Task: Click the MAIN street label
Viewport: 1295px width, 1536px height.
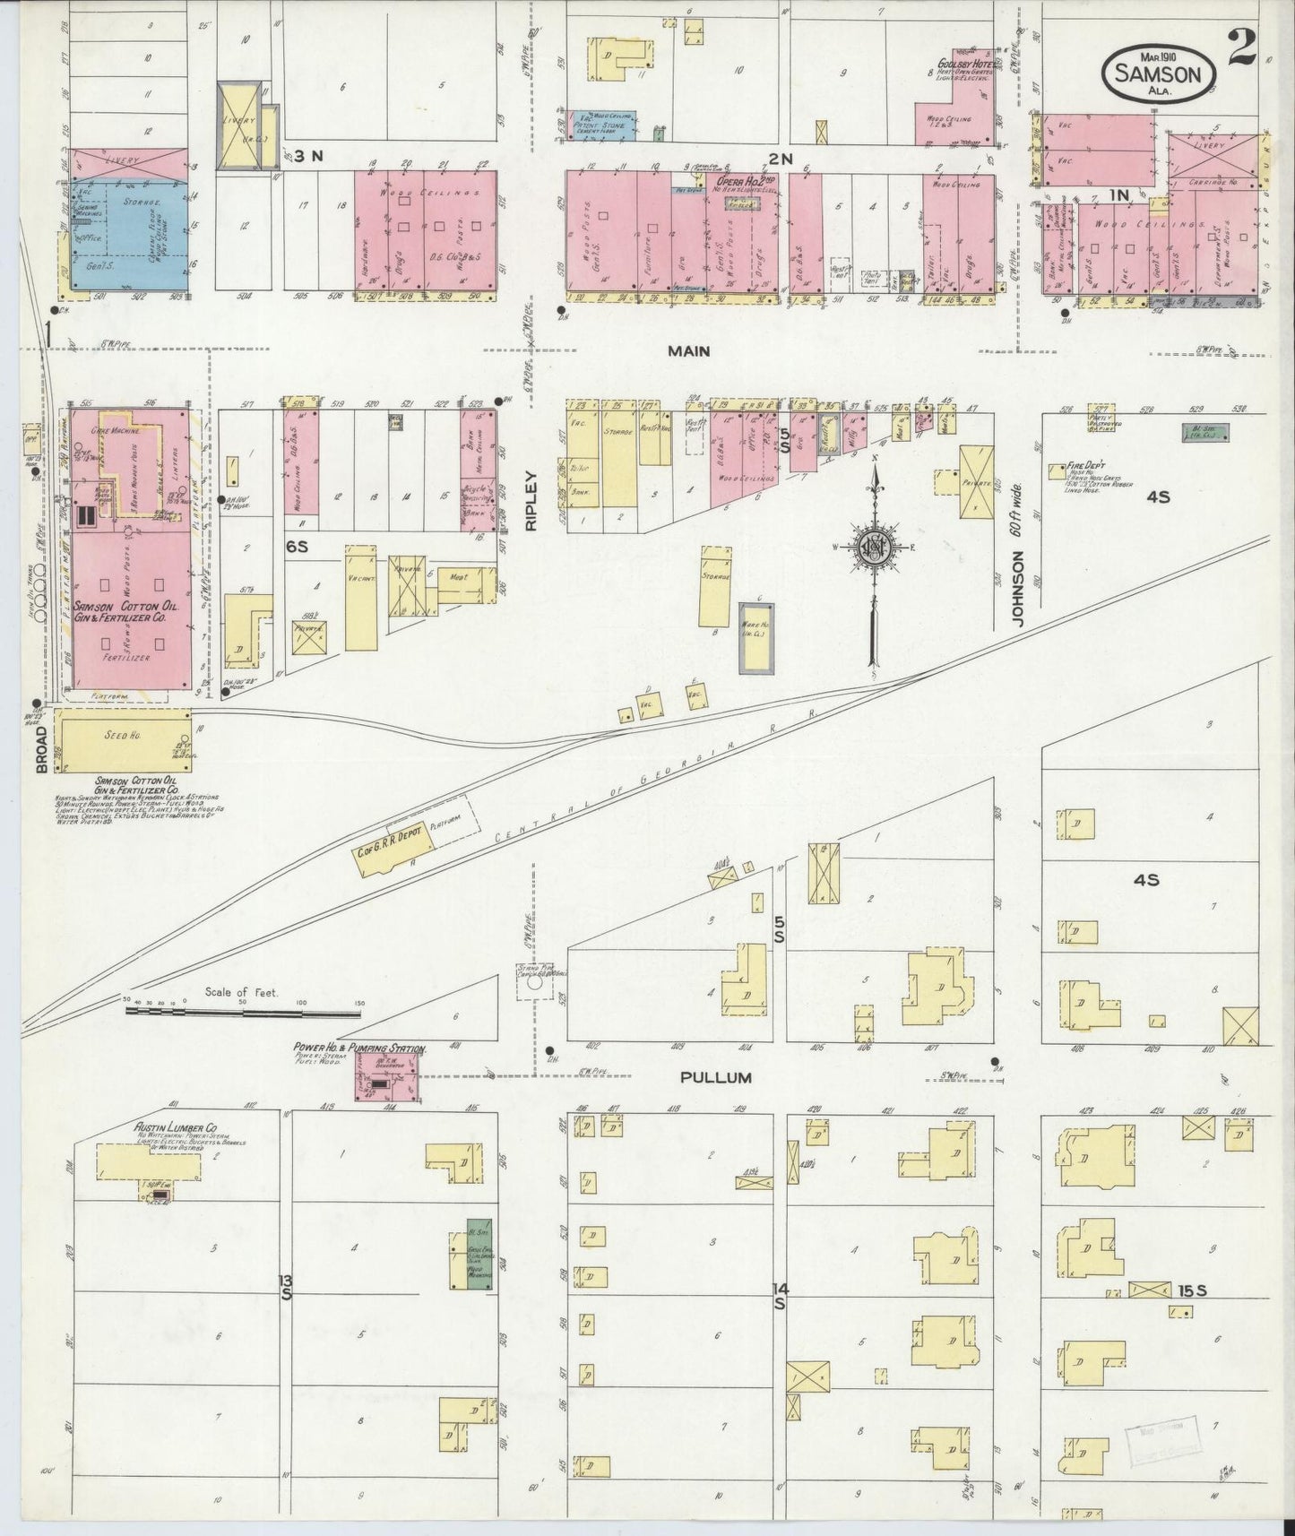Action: (x=688, y=351)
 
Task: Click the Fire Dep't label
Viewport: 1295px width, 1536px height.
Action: (x=1088, y=467)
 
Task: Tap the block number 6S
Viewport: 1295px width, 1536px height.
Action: (x=297, y=545)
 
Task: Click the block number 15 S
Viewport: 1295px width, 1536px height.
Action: (x=1194, y=1291)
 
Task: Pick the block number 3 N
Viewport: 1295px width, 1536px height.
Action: (x=308, y=157)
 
